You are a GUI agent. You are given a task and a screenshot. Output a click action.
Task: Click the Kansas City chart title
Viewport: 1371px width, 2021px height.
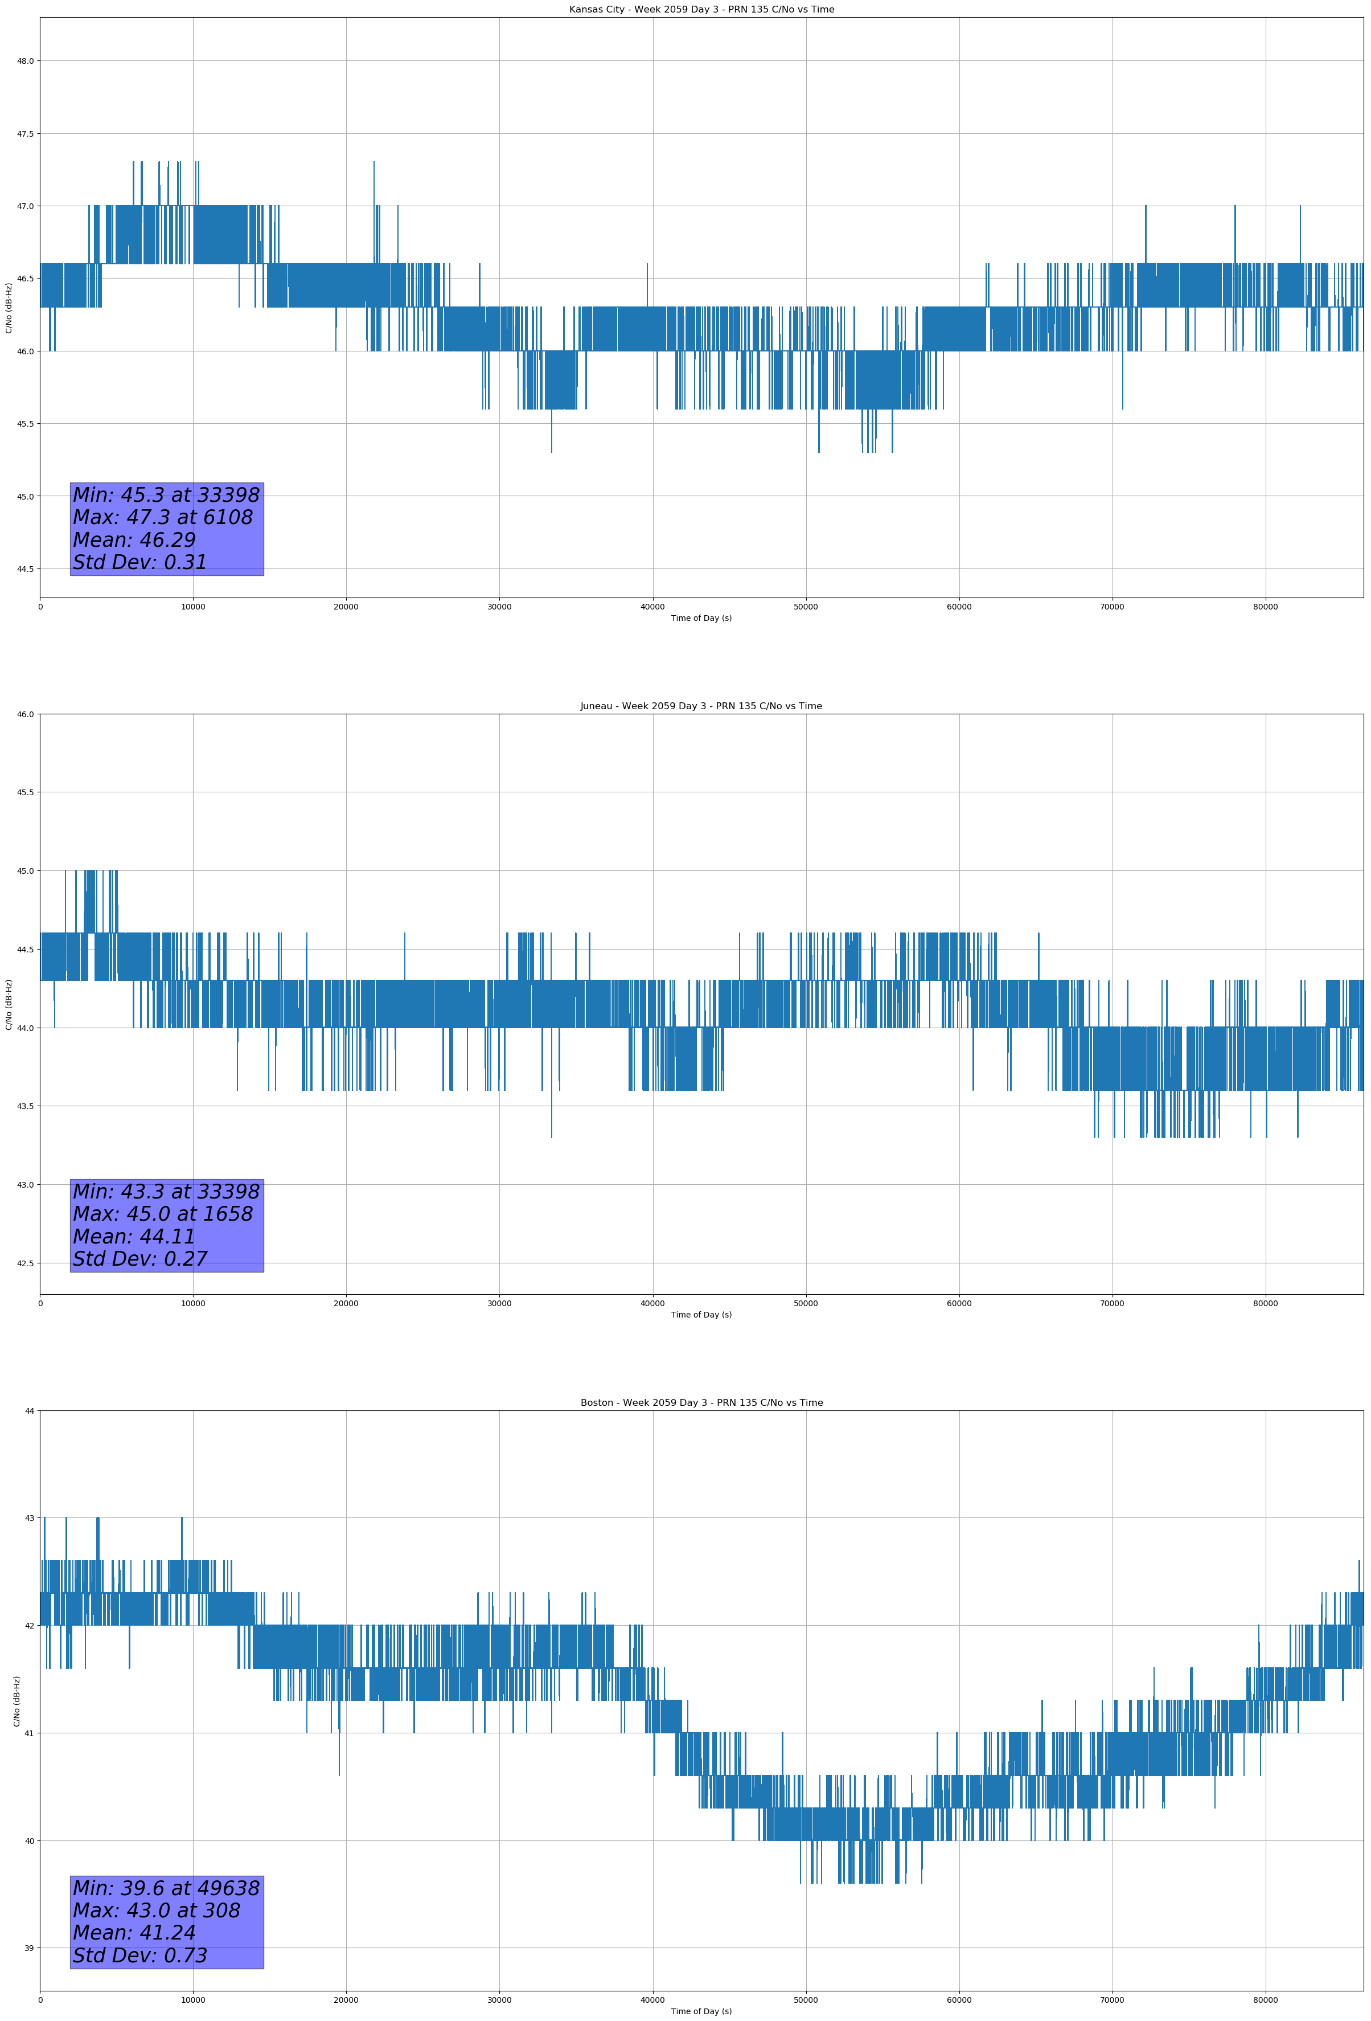click(x=701, y=10)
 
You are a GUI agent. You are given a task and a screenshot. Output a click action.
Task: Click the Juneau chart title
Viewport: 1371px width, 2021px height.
click(x=701, y=706)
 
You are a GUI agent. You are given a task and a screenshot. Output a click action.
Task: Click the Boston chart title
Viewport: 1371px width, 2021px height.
click(x=701, y=1403)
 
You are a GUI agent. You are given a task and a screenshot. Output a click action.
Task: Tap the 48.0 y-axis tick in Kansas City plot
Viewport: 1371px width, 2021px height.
click(x=24, y=61)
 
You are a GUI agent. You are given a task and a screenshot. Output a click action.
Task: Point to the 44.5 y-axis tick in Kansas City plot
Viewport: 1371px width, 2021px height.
click(x=24, y=568)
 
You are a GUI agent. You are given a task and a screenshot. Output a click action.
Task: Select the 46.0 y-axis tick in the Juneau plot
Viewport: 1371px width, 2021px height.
click(x=24, y=714)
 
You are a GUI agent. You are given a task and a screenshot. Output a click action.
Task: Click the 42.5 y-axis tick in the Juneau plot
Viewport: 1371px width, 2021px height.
click(x=24, y=1263)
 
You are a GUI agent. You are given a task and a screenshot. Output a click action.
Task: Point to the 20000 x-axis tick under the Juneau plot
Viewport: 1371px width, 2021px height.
click(x=346, y=1303)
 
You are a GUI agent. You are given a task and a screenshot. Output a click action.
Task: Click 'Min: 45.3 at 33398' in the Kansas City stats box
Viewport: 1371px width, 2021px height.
click(x=166, y=495)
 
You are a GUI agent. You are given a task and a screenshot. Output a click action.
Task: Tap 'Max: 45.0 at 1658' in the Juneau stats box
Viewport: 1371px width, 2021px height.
click(x=163, y=1214)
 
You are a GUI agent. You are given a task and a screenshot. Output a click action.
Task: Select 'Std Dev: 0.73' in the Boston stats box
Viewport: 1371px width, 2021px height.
click(x=140, y=1955)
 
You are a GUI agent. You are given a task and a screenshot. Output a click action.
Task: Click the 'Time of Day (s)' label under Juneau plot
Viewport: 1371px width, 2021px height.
click(x=701, y=1315)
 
